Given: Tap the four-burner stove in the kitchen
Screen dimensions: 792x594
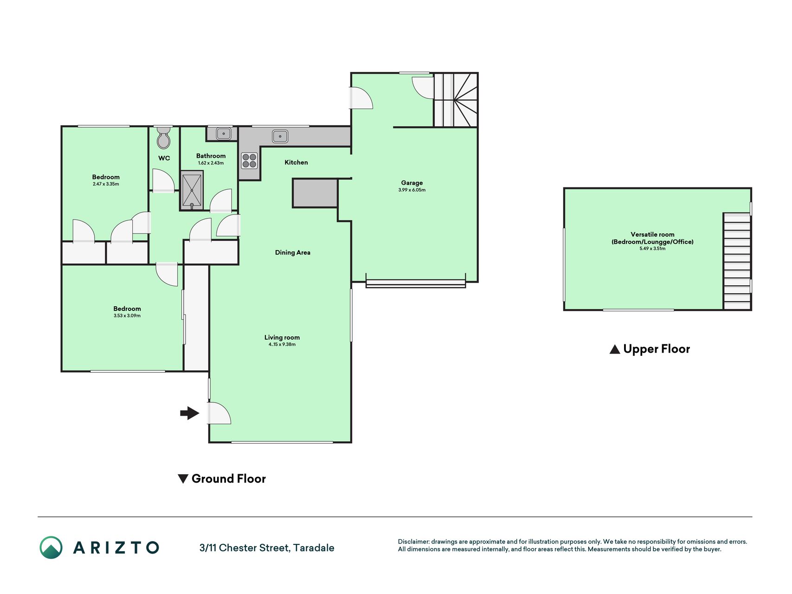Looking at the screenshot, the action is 249,161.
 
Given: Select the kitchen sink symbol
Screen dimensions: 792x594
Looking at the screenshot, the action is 280,136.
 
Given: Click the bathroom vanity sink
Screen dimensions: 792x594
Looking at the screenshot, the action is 224,134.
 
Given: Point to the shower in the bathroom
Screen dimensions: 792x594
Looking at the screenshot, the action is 192,191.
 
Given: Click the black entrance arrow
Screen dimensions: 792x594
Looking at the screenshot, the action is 190,413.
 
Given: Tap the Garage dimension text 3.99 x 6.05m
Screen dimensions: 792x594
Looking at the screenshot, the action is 412,190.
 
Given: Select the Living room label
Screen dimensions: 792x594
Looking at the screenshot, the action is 282,337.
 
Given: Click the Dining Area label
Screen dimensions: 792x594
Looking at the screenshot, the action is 293,252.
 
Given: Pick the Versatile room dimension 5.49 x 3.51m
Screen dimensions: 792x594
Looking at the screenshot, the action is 652,248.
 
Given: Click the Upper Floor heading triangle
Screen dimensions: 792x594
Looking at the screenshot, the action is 615,349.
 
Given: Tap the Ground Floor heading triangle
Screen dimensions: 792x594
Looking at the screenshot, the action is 183,478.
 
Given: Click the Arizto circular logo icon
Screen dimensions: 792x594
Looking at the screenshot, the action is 51,548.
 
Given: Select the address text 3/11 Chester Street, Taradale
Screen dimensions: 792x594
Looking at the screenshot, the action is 267,548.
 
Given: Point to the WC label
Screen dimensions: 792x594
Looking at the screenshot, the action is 164,158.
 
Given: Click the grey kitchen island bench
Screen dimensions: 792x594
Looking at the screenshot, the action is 315,193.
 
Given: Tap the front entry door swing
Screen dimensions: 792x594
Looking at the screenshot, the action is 219,413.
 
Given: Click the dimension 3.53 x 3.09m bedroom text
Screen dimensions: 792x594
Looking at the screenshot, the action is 127,316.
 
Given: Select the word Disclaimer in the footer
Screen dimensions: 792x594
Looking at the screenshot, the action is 413,542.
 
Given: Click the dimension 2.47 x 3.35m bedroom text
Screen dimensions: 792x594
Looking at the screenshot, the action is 106,184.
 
